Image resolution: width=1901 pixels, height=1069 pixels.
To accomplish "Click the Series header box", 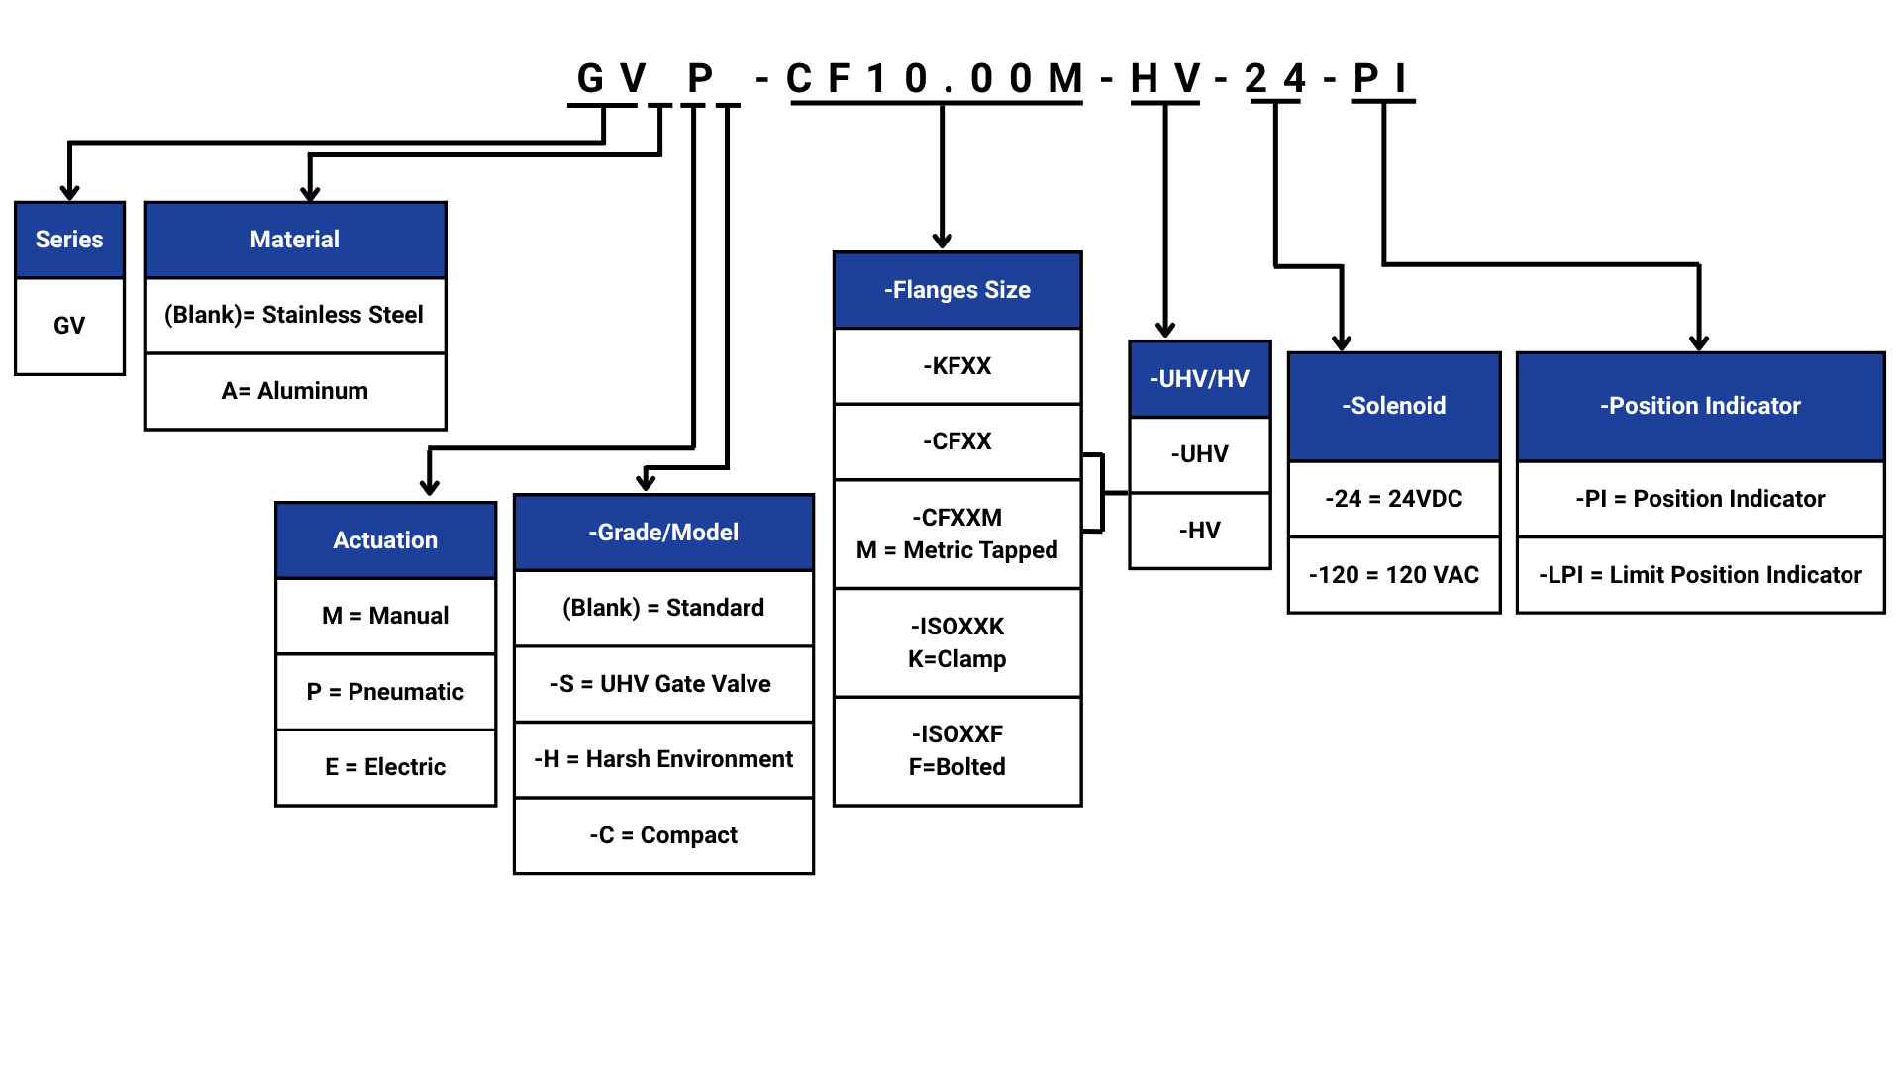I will pos(69,240).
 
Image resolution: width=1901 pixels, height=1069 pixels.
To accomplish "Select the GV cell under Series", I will pos(69,326).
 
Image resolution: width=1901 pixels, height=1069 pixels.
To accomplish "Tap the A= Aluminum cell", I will pos(295,391).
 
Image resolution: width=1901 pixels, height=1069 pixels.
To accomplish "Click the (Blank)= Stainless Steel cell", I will pos(295,315).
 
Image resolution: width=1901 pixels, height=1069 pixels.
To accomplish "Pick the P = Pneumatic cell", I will pos(385,692).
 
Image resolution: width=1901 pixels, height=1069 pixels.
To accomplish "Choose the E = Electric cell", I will pos(385,767).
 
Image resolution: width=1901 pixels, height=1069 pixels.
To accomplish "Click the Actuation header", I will pos(385,540).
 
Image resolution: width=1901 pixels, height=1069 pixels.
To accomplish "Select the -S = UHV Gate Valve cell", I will pos(662,684).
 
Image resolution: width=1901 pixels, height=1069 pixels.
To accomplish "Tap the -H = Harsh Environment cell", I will pos(662,759).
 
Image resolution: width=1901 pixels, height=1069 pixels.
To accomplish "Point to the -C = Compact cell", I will pos(662,835).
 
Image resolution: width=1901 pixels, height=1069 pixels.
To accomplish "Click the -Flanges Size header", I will pos(956,290).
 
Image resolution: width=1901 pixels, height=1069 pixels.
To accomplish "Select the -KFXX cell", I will pos(956,366).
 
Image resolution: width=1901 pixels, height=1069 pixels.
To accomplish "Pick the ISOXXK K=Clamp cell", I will pos(956,642).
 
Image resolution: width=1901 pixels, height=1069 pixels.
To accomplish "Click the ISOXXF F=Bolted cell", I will pos(956,750).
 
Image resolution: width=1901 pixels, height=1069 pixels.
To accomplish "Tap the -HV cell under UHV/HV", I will pos(1199,531).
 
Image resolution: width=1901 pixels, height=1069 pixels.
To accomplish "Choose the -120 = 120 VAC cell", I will pos(1393,575).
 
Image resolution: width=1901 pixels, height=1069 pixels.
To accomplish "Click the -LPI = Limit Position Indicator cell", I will pos(1699,575).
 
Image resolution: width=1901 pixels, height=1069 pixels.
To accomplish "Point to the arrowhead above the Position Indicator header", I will pos(1699,341).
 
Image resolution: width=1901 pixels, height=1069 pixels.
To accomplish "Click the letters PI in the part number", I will pos(1382,78).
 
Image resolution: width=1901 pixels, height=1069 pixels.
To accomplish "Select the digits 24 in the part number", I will pos(1275,78).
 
